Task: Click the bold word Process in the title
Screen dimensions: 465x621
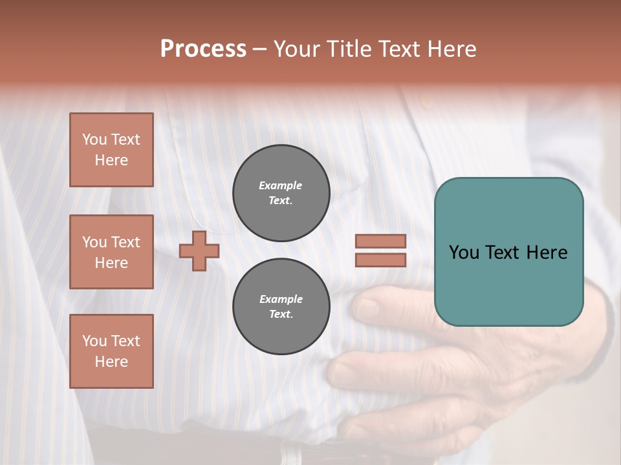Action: (x=203, y=49)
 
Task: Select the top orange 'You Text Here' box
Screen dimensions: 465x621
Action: (x=111, y=150)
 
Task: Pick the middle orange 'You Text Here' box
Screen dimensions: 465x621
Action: (x=111, y=252)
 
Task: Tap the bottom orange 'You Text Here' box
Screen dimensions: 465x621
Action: (x=111, y=351)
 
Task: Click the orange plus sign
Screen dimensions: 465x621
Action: (x=199, y=251)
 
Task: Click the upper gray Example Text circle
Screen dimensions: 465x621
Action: (x=281, y=193)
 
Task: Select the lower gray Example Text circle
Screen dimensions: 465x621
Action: (x=281, y=307)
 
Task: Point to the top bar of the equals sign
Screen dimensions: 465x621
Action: (x=380, y=242)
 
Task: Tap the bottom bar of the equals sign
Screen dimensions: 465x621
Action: (x=380, y=260)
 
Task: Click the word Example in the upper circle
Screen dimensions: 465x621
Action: (x=281, y=185)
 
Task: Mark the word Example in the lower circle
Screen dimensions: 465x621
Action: (x=281, y=299)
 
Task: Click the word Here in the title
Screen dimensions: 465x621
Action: (x=452, y=49)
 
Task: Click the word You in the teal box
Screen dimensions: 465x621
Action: (x=464, y=253)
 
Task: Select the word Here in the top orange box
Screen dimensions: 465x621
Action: (x=111, y=160)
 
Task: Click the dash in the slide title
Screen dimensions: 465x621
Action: (x=260, y=49)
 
